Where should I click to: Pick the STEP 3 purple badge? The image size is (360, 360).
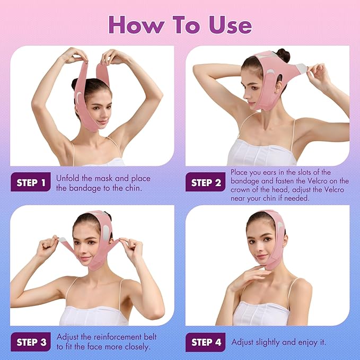click(31, 342)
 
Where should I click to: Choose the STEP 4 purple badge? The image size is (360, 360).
click(206, 342)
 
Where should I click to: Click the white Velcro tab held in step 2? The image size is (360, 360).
click(301, 68)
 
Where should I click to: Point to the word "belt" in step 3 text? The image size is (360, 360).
click(148, 337)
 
